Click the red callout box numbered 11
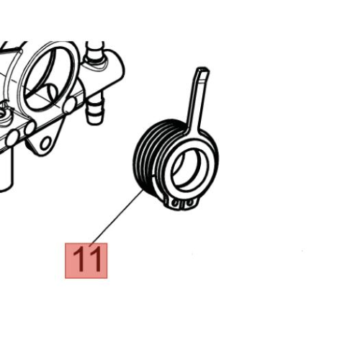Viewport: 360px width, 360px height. point(86,261)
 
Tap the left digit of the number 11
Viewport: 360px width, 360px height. point(78,260)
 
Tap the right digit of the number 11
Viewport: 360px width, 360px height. point(95,260)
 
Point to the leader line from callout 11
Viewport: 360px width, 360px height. point(117,217)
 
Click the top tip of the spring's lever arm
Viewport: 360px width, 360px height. point(203,69)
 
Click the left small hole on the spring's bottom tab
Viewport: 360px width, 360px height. point(175,204)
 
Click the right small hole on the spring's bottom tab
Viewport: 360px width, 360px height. point(189,203)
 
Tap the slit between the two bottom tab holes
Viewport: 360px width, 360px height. point(183,204)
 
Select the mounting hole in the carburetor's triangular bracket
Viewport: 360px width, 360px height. point(45,143)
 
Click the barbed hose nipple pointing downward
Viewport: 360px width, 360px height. point(94,109)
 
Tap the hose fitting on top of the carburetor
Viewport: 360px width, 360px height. point(95,52)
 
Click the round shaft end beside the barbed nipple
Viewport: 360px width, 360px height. point(70,105)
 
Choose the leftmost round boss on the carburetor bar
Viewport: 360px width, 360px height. point(12,138)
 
